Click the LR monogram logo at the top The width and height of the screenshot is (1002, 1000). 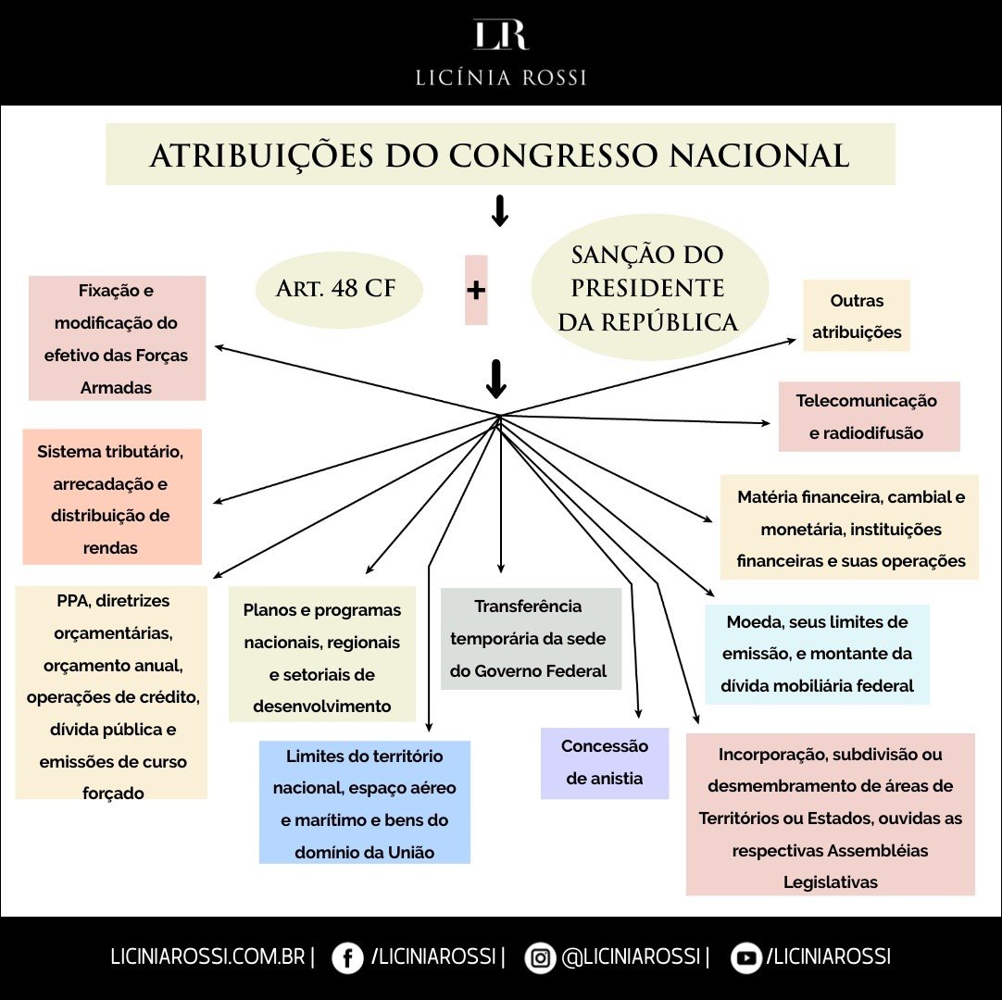pos(500,34)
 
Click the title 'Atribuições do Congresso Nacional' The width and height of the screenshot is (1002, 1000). pos(500,155)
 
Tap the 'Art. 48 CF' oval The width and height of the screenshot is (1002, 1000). pos(339,289)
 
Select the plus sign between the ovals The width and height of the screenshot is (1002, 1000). pos(476,290)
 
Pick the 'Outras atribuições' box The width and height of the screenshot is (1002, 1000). pos(857,316)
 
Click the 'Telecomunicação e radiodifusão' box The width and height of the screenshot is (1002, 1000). pos(869,417)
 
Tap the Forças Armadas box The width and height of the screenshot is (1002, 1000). pos(117,338)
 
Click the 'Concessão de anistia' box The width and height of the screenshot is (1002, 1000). pos(605,762)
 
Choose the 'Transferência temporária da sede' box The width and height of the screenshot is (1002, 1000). pos(530,638)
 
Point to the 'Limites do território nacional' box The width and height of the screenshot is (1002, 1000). pos(365,802)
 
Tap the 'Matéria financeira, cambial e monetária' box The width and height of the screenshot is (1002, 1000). pos(850,528)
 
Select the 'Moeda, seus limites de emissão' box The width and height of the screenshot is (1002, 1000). pos(817,654)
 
